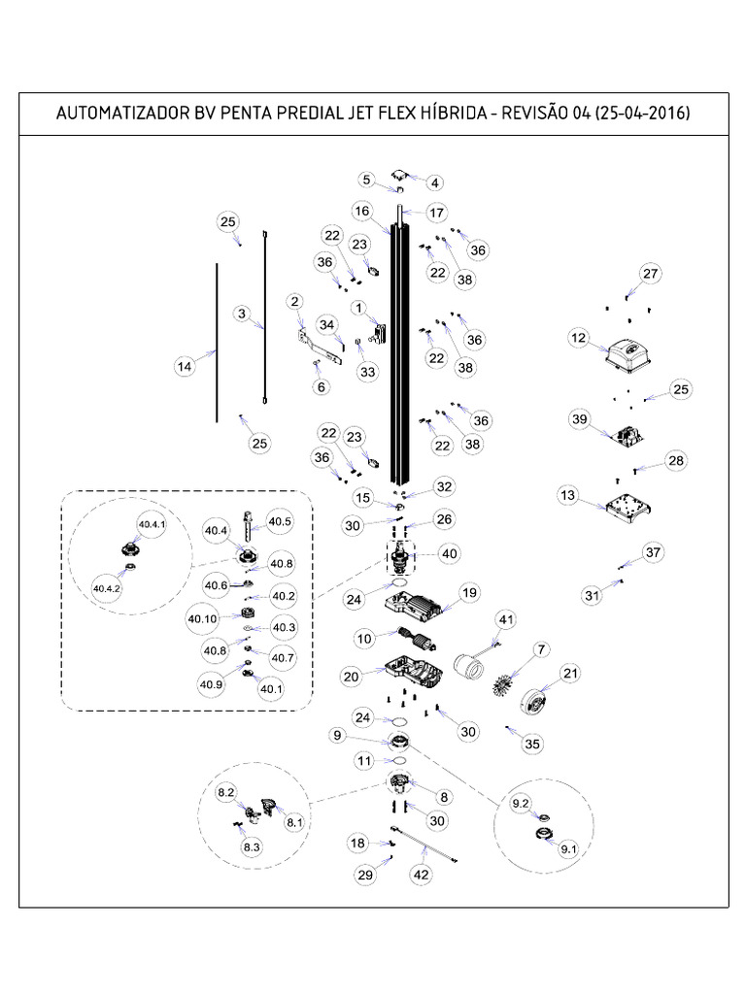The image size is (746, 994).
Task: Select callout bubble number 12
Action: point(579,339)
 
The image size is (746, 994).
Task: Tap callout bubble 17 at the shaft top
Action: point(436,213)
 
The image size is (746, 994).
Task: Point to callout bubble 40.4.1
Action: point(152,525)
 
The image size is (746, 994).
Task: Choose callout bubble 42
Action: point(422,876)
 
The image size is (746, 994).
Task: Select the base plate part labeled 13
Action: point(622,507)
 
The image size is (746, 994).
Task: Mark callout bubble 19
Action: point(470,592)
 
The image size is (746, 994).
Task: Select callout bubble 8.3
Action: point(252,846)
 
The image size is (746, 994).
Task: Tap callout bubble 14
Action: point(185,366)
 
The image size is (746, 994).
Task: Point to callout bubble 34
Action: point(326,324)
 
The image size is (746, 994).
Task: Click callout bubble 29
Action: point(365,876)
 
